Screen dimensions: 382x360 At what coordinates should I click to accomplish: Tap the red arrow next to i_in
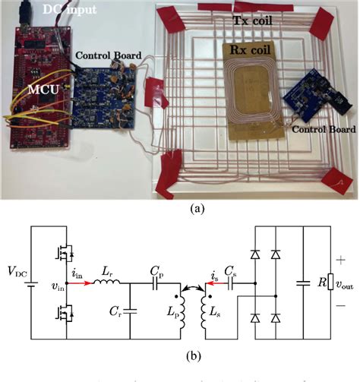81,284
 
